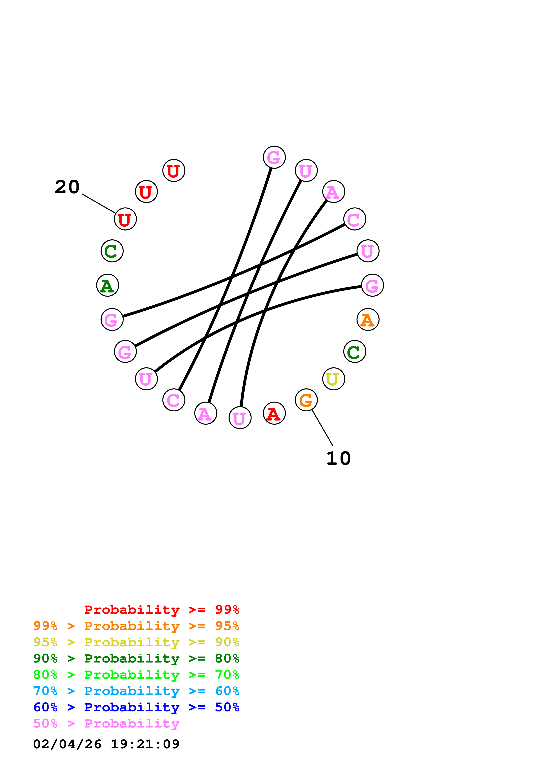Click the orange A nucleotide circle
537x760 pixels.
point(368,319)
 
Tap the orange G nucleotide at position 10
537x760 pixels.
point(306,400)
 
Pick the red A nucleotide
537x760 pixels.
point(274,413)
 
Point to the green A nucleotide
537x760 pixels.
point(107,285)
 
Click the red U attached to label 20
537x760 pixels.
point(125,219)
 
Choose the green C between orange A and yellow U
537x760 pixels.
point(354,352)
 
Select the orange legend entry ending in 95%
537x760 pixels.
point(136,626)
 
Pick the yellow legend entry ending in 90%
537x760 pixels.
point(136,642)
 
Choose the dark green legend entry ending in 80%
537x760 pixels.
point(136,658)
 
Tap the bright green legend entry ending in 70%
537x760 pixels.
point(136,675)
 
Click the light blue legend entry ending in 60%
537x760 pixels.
point(136,691)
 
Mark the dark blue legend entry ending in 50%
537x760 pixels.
point(136,707)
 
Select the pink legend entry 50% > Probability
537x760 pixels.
point(106,723)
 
